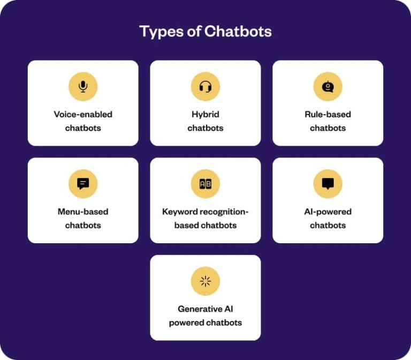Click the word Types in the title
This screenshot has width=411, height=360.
pyautogui.click(x=157, y=31)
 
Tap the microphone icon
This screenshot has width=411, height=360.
pyautogui.click(x=83, y=86)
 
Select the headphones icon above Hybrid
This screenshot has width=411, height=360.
pyautogui.click(x=205, y=86)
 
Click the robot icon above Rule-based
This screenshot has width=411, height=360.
pyautogui.click(x=328, y=86)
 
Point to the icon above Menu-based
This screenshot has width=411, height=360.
pyautogui.click(x=83, y=184)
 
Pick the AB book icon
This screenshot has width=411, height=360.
pyautogui.click(x=205, y=184)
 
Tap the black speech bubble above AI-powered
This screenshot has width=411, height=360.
pyautogui.click(x=328, y=184)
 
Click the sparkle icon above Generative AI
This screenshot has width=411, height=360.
pyautogui.click(x=205, y=281)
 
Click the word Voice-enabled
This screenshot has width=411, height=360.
pyautogui.click(x=83, y=114)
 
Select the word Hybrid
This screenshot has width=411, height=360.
pyautogui.click(x=205, y=114)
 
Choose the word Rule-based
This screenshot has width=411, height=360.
pyautogui.click(x=328, y=114)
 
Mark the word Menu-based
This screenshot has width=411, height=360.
pyautogui.click(x=83, y=212)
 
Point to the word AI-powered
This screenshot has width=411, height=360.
pyautogui.click(x=328, y=212)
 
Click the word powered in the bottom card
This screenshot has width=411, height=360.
pyautogui.click(x=184, y=323)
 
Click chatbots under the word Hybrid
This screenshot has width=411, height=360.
pyautogui.click(x=205, y=128)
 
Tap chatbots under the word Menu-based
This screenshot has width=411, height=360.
pyautogui.click(x=83, y=226)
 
